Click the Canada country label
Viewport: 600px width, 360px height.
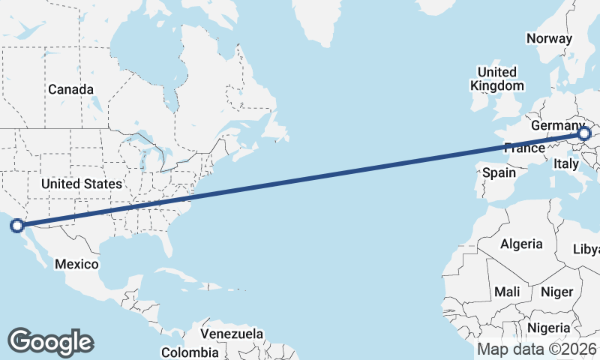(x=71, y=89)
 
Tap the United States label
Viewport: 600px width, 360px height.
(x=81, y=184)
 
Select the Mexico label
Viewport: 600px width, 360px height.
(x=76, y=264)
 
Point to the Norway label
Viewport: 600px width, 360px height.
(x=549, y=38)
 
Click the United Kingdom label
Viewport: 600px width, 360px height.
(x=496, y=79)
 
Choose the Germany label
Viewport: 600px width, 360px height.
(x=556, y=126)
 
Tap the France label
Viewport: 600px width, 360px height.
(x=524, y=148)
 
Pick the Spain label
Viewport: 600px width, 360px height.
(x=499, y=172)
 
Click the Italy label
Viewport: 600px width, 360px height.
(x=566, y=163)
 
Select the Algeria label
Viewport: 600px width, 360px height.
(x=521, y=244)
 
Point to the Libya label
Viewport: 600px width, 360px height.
(x=586, y=249)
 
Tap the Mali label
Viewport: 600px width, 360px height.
(x=507, y=291)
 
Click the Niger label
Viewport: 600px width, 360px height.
(x=556, y=292)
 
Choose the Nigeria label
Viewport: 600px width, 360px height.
(x=548, y=328)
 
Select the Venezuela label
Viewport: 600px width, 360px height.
(x=232, y=333)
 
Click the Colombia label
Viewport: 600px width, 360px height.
(x=190, y=352)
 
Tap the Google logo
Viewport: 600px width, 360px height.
(x=50, y=342)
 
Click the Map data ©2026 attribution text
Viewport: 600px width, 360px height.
(x=537, y=349)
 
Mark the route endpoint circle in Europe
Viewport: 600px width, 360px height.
(x=584, y=134)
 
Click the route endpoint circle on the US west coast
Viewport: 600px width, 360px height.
(x=16, y=224)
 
